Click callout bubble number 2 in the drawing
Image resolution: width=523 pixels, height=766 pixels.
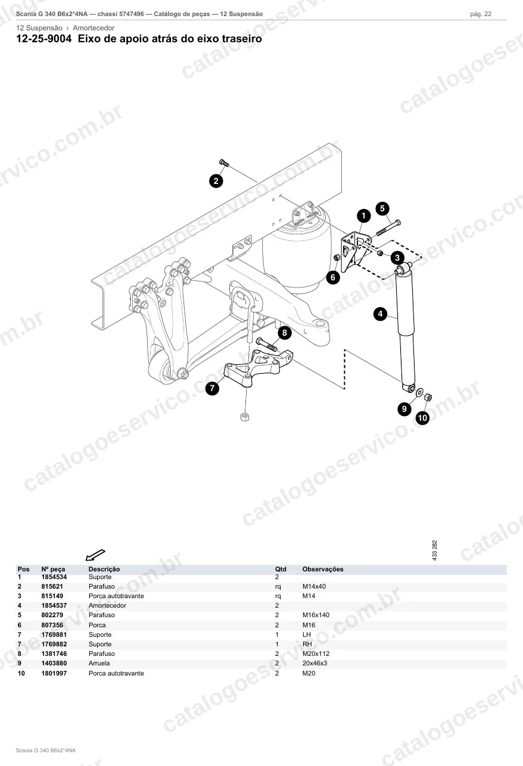[x=216, y=181]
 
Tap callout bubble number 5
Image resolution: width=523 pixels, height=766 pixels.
[x=382, y=208]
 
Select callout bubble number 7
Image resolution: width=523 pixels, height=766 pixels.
[x=212, y=388]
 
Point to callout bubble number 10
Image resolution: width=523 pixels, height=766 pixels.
[x=422, y=418]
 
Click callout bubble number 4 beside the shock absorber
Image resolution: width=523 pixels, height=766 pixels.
[x=380, y=314]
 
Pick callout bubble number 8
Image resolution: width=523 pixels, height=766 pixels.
[x=284, y=333]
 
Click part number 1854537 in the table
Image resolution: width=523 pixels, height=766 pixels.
[x=54, y=605]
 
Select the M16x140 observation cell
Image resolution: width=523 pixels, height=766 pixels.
[x=316, y=615]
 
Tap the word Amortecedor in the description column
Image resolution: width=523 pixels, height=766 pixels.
[x=107, y=605]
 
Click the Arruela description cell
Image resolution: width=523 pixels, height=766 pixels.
[x=99, y=663]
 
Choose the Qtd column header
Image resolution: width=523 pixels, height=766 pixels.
[x=281, y=569]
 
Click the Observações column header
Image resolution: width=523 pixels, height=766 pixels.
[x=323, y=569]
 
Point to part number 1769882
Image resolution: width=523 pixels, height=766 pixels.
[x=54, y=644]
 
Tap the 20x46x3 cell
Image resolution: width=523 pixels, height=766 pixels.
[x=315, y=663]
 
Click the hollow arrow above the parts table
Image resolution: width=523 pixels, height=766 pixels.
[x=95, y=555]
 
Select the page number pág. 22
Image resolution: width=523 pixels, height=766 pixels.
[x=481, y=14]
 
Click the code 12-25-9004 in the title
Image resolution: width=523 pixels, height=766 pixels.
[x=44, y=39]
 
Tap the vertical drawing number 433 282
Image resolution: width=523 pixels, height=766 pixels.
[x=435, y=550]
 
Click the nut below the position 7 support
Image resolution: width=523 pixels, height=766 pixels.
[x=244, y=417]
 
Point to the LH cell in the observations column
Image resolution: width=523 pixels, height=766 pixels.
[x=307, y=634]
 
